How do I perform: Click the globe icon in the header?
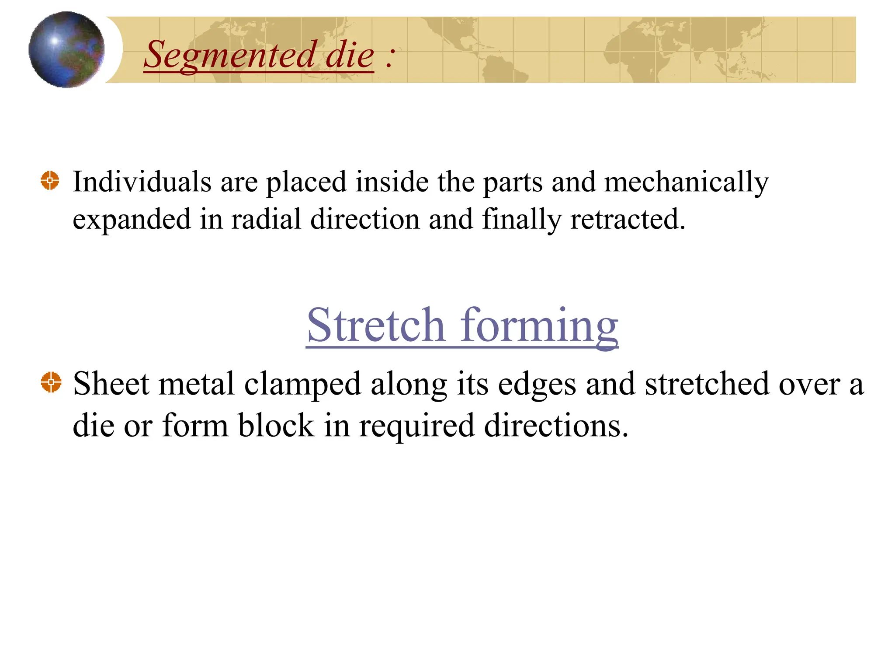pos(66,49)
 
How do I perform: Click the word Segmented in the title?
pos(230,55)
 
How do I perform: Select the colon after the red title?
pos(390,58)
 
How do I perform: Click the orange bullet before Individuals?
pos(50,180)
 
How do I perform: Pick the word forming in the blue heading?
pos(539,326)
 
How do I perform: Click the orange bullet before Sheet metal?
pos(51,382)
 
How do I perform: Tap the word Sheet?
pos(111,384)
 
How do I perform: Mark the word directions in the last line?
pos(556,425)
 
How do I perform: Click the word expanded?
pos(132,220)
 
